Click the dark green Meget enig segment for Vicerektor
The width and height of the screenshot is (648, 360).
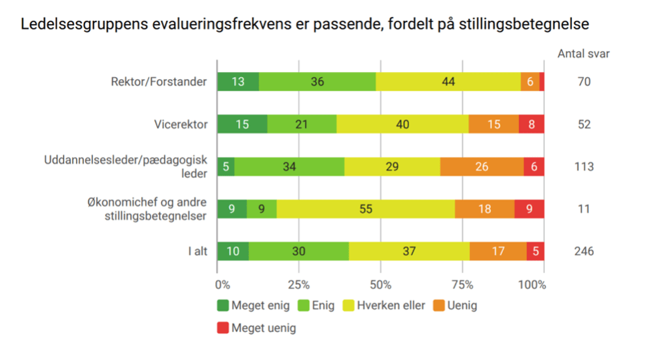point(242,124)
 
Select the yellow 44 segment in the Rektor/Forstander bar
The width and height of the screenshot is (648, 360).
point(448,82)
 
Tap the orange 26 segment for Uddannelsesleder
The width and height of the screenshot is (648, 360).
point(482,166)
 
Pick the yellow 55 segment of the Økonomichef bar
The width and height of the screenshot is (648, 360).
point(365,209)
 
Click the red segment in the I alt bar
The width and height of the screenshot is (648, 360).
point(535,251)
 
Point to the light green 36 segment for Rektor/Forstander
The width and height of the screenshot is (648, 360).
point(317,82)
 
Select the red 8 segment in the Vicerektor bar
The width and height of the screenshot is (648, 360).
point(531,124)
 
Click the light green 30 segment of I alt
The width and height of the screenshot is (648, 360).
point(298,251)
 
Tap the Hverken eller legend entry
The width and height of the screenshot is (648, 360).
point(389,305)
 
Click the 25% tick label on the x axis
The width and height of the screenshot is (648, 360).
point(298,285)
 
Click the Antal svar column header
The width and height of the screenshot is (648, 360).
point(583,54)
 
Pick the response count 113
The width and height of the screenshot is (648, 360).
point(583,166)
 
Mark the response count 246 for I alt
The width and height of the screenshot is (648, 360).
point(583,251)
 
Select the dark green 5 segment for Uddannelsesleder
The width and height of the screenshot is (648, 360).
point(226,166)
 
